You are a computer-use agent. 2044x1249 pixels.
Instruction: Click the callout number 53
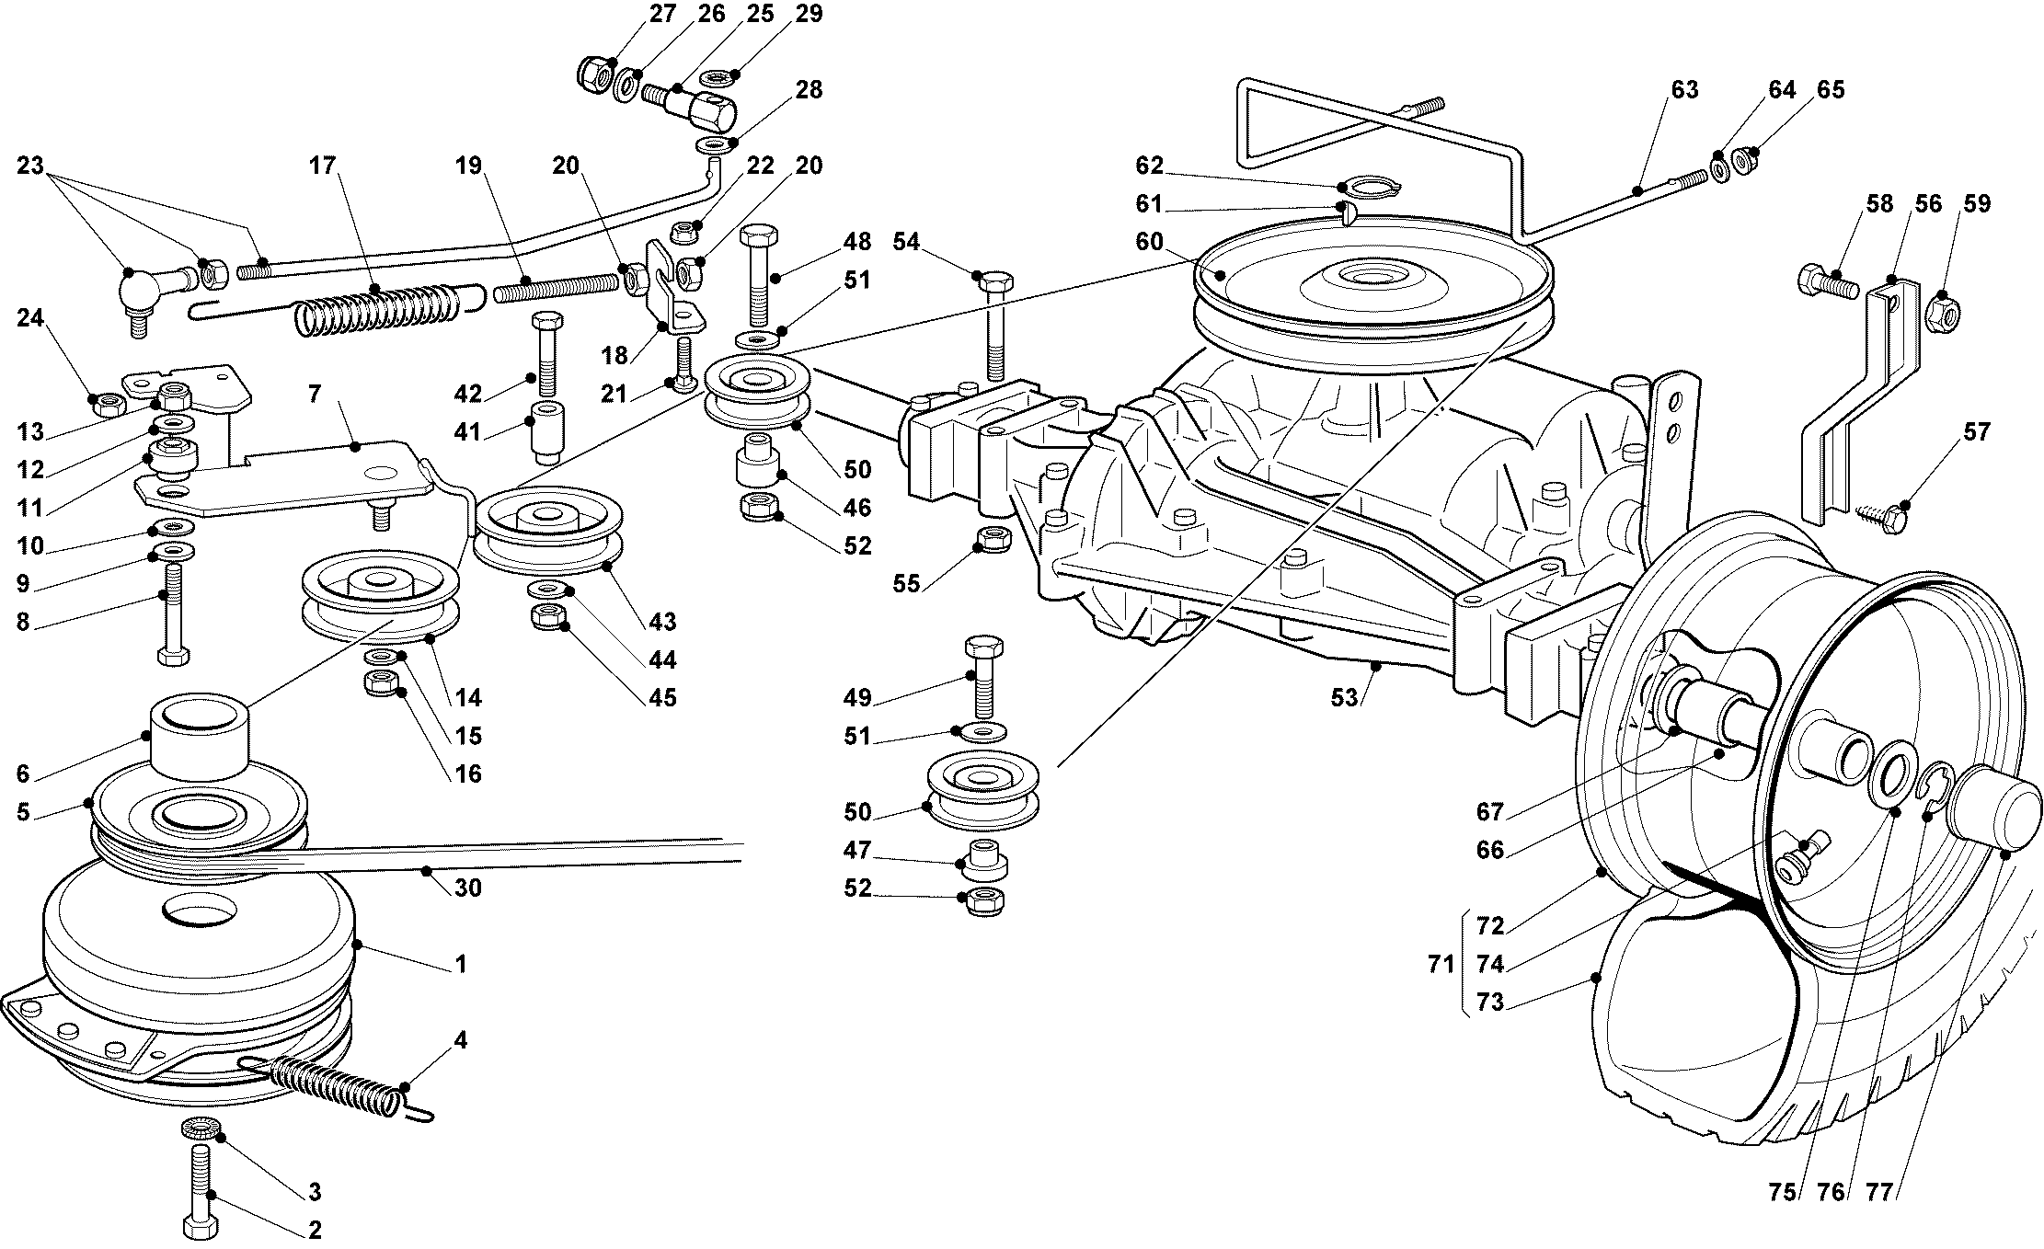click(x=1344, y=698)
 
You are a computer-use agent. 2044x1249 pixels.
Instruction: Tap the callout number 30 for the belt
click(x=467, y=888)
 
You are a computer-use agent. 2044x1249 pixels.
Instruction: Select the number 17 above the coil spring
click(x=322, y=166)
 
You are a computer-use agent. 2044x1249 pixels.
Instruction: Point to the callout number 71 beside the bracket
click(x=1441, y=965)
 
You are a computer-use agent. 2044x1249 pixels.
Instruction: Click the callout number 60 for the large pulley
click(x=1149, y=242)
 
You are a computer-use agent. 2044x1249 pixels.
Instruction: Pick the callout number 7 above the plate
click(x=315, y=395)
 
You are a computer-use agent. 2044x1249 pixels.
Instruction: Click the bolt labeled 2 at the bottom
click(x=201, y=1186)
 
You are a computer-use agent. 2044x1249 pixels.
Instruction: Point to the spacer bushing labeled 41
click(x=547, y=433)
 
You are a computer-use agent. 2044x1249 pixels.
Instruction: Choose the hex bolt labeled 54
click(x=993, y=322)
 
